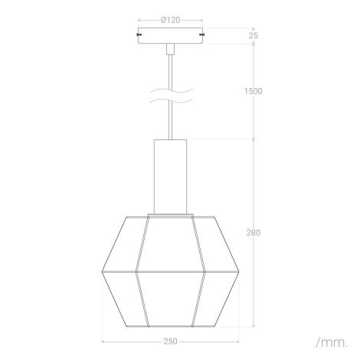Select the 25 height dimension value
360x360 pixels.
[254, 35]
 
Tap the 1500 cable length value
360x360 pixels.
[254, 91]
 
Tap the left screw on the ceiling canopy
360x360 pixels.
[139, 34]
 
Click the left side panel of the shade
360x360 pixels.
[120, 272]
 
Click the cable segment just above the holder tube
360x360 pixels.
[169, 126]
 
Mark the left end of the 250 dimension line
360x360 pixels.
[102, 342]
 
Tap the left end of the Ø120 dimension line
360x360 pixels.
[138, 20]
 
